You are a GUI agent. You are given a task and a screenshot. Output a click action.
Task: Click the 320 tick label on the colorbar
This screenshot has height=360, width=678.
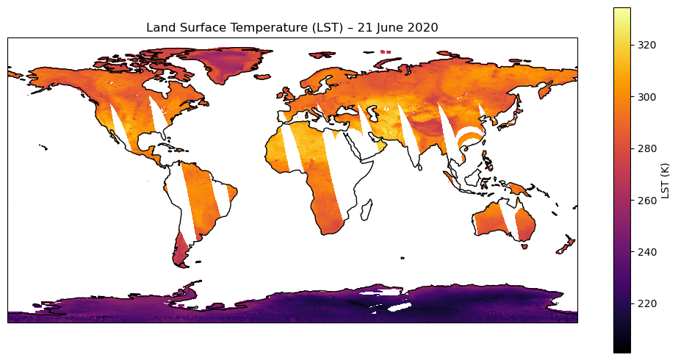(x=647, y=45)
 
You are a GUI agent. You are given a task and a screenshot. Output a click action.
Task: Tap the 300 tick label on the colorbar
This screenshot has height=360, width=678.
(x=647, y=97)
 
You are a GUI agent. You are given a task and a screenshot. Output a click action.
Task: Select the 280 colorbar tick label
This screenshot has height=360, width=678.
(x=647, y=148)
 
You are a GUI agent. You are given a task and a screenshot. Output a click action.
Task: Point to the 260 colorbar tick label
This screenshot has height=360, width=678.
(x=647, y=200)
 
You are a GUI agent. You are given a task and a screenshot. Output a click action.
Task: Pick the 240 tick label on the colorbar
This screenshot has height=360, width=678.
(x=647, y=252)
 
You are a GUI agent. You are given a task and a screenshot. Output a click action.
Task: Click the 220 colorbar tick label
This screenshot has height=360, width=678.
(x=647, y=303)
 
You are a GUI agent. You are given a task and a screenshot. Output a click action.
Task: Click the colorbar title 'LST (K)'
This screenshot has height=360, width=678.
(x=666, y=180)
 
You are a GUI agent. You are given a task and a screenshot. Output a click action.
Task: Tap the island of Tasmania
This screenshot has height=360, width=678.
(x=524, y=246)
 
